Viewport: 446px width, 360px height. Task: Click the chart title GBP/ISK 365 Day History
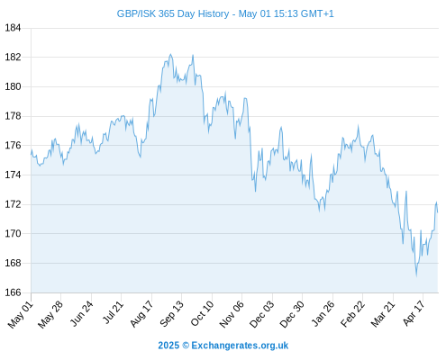tap(173, 13)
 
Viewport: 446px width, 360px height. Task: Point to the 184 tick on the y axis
tap(13, 28)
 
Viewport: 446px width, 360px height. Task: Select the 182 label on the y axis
tap(13, 57)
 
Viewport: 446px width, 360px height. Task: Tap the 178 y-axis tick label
tap(13, 116)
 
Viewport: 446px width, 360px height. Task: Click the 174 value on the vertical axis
tap(13, 175)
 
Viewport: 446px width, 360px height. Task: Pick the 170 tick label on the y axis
tap(13, 233)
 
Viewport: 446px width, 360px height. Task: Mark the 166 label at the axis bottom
tap(13, 292)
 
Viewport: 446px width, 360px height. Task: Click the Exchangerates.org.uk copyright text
tap(223, 346)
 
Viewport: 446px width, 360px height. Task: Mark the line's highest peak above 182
tap(170, 54)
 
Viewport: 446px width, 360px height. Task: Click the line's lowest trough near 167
tap(416, 275)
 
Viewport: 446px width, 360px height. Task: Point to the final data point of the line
tap(438, 212)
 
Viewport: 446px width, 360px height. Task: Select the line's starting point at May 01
tap(31, 154)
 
